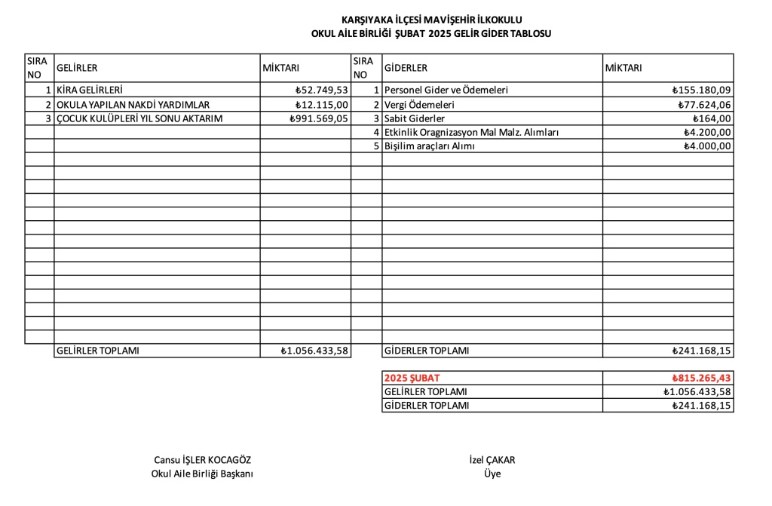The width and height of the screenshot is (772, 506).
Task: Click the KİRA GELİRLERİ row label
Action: pos(90,90)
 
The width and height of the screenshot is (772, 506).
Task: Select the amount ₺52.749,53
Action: pos(322,90)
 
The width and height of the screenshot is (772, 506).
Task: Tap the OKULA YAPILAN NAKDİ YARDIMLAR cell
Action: pos(133,104)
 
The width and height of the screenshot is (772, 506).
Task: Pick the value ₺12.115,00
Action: pos(322,104)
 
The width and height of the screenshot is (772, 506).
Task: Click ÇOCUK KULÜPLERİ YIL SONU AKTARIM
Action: pos(139,118)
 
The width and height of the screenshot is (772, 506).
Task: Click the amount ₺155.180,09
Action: pos(702,90)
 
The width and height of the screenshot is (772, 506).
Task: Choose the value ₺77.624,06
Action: pos(704,104)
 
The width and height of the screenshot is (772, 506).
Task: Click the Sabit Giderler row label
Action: pos(415,118)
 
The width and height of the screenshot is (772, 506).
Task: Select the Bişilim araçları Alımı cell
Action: pos(430,146)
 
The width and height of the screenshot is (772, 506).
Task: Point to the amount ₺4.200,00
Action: pos(707,133)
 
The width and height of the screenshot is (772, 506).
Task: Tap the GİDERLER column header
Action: pos(406,68)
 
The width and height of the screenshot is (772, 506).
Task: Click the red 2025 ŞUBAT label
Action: pos(412,378)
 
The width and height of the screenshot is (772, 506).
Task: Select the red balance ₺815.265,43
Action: pos(702,378)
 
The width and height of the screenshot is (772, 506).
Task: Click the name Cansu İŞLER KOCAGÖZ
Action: pos(203,460)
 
